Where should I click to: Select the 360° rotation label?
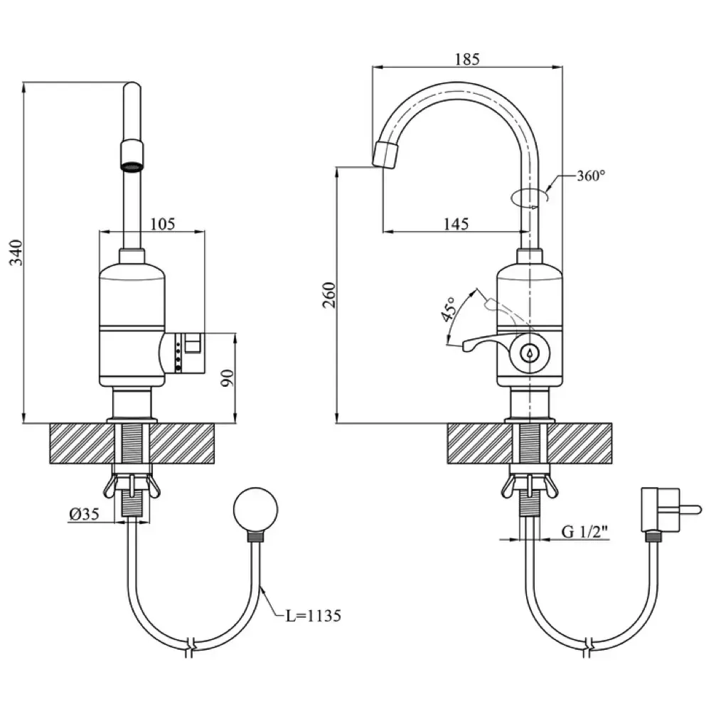coord(591,176)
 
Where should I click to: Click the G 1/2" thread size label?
coord(587,531)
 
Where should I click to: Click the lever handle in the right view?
coord(483,344)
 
